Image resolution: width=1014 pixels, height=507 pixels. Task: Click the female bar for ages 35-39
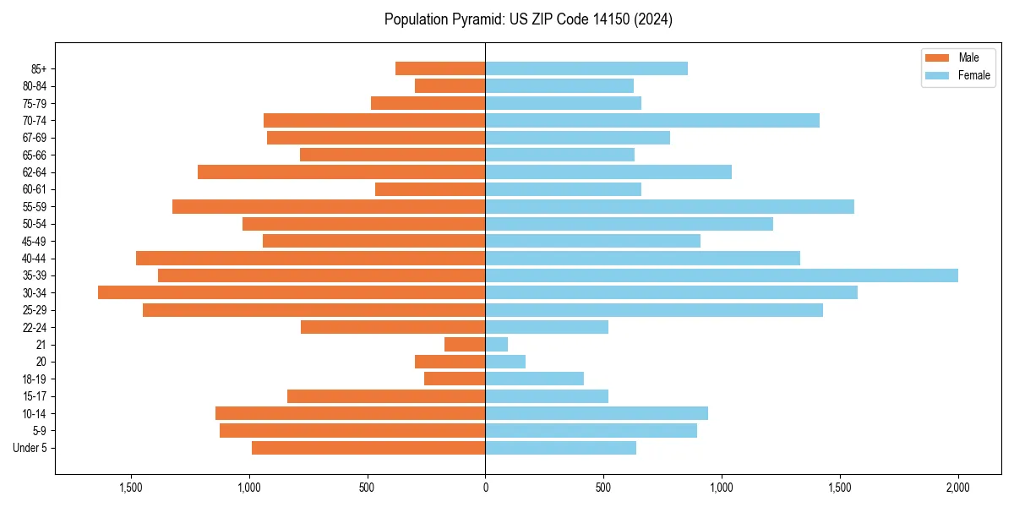pos(721,275)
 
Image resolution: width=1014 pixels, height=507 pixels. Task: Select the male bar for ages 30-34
pos(292,292)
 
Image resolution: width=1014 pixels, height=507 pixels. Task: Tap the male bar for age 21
pos(465,345)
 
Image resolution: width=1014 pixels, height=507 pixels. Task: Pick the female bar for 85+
pos(586,68)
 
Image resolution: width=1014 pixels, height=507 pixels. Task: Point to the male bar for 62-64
pos(341,172)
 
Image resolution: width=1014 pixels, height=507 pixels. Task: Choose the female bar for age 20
pos(505,362)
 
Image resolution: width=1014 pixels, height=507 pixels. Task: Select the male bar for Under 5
pos(368,448)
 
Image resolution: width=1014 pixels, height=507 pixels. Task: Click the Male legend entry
pos(957,58)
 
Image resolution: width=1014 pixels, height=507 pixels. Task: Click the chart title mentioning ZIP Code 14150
pos(528,19)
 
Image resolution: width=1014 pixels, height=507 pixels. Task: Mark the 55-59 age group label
pos(35,207)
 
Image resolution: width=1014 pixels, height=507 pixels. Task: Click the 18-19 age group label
pos(35,379)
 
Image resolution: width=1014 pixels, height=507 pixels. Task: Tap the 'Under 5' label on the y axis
pos(30,448)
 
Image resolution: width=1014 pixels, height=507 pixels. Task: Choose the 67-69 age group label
pos(35,138)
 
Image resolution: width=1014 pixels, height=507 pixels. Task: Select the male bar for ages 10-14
pos(350,413)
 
